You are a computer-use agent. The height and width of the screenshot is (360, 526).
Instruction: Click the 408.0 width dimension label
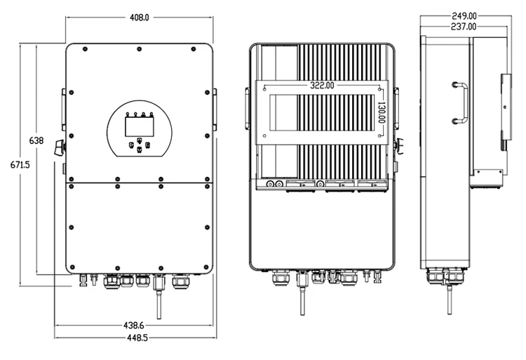(140, 16)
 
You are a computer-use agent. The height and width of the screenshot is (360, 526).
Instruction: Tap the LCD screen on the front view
(136, 126)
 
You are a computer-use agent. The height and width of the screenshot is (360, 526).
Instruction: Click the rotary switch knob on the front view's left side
(59, 147)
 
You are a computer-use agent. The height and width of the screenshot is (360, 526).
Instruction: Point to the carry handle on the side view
(460, 102)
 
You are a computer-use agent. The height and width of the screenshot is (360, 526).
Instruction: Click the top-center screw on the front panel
(139, 49)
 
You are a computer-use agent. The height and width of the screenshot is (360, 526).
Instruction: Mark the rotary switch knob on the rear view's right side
(399, 146)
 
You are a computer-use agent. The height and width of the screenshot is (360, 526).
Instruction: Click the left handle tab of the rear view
(247, 109)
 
